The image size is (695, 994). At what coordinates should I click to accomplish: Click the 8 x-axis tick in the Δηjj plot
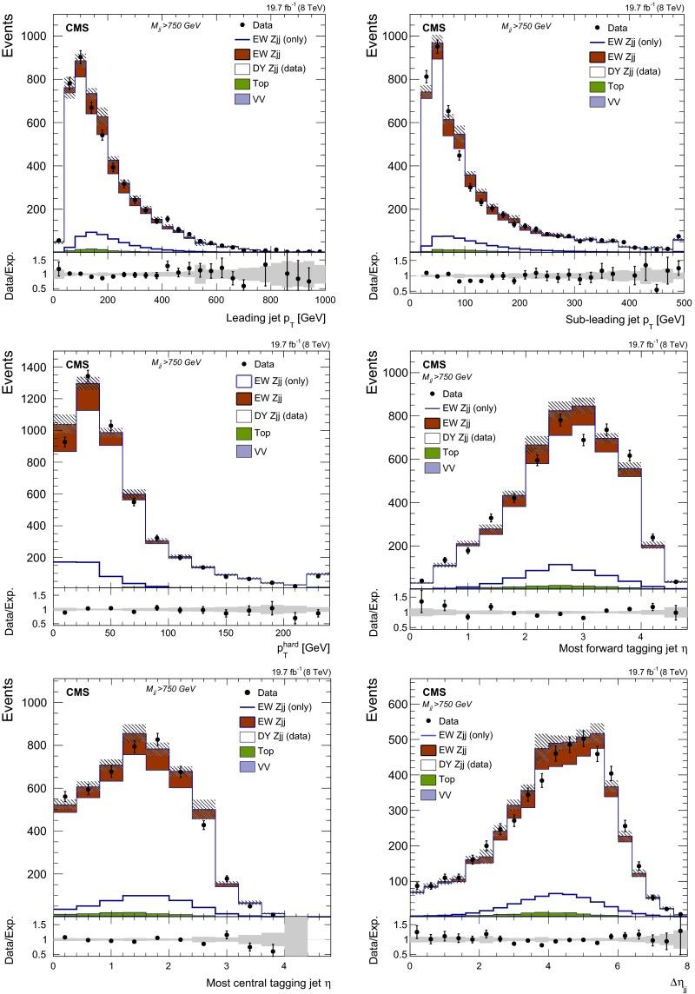pos(684,964)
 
